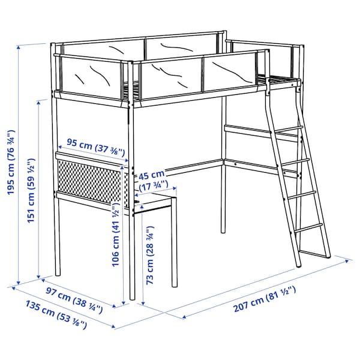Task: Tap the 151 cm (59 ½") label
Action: (31, 190)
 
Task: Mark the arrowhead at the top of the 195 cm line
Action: (20, 47)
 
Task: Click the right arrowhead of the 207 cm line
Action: (347, 260)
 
